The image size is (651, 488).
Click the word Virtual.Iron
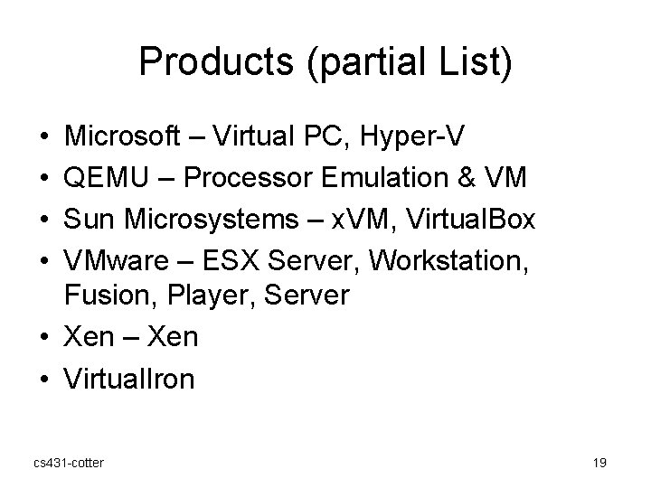click(128, 379)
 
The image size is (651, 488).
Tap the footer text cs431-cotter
click(68, 463)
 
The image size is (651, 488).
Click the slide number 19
click(599, 463)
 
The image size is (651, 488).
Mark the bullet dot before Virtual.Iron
click(43, 379)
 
